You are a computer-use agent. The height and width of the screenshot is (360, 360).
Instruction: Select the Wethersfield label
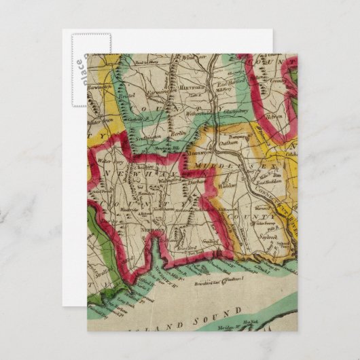(203, 115)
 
